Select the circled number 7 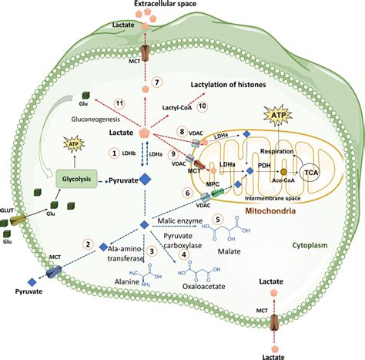pos(156,82)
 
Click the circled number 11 pos(120,103)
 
